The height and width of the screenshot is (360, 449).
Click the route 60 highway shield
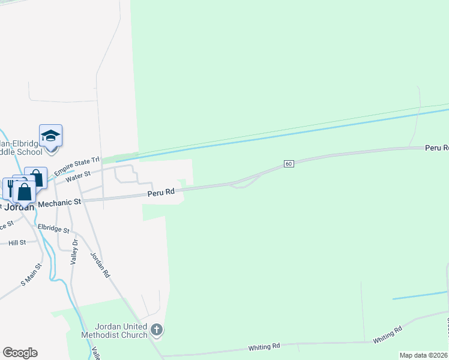point(289,164)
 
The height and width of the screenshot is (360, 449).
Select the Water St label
point(78,174)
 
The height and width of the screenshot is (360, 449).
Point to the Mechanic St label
point(59,203)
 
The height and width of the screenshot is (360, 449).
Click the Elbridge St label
point(53,229)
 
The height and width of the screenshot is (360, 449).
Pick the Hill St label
point(17,242)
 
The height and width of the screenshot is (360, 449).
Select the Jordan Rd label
point(100,263)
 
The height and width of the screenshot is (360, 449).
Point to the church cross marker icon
point(157,329)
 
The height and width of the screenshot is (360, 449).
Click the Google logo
point(19,353)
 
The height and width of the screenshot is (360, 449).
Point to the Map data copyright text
point(424,355)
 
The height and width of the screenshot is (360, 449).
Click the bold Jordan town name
point(18,207)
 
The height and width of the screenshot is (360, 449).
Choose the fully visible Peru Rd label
point(161,193)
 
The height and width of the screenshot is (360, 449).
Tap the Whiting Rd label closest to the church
point(264,347)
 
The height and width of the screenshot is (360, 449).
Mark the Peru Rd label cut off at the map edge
point(437,148)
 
